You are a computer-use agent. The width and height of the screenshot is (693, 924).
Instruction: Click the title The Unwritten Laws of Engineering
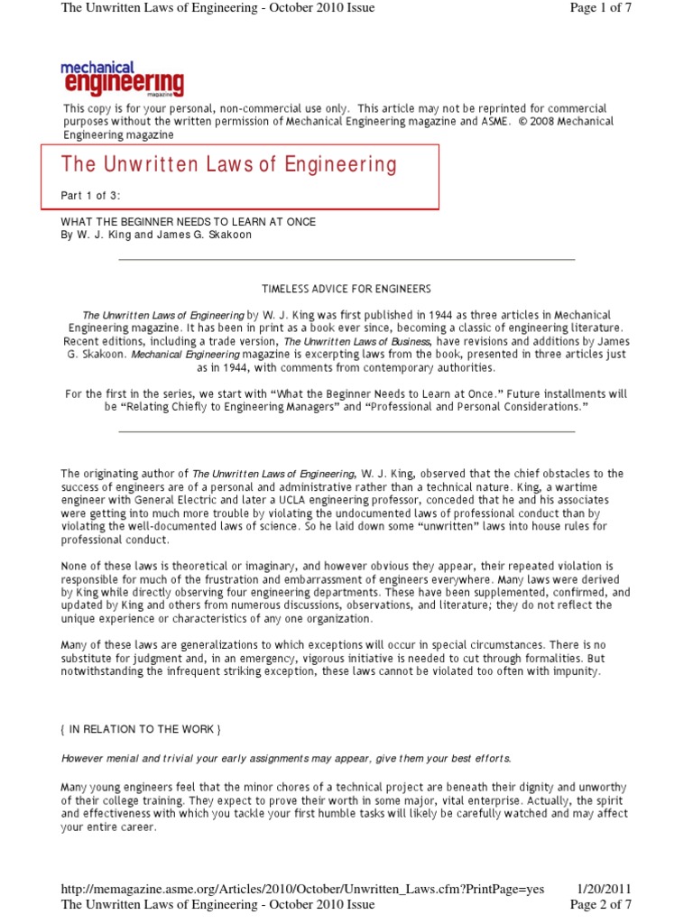[x=228, y=164]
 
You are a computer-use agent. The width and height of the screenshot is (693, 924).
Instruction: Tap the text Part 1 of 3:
[x=91, y=196]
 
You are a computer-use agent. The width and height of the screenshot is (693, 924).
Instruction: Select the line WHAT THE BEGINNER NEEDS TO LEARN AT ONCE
[x=188, y=222]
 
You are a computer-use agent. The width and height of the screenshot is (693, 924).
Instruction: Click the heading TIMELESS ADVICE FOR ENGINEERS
[x=346, y=289]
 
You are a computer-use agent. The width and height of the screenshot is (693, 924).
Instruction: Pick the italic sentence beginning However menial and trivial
[x=285, y=757]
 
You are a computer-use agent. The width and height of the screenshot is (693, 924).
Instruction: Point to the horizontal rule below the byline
[x=346, y=259]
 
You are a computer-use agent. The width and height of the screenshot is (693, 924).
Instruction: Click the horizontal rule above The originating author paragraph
[x=346, y=431]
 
